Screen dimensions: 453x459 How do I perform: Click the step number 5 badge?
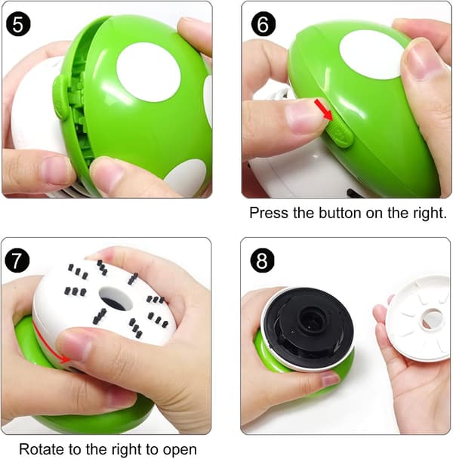18,24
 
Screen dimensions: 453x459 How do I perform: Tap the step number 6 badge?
263,24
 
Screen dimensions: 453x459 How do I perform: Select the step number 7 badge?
17,260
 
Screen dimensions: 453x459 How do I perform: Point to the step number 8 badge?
262,260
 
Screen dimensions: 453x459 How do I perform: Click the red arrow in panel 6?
324,109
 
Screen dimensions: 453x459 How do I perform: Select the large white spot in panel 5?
149,72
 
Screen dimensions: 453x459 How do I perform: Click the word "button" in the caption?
341,213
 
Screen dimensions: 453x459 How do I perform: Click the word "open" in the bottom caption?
180,450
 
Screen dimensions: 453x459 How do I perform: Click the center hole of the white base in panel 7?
116,298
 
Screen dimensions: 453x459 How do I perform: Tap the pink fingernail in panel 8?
330,380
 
